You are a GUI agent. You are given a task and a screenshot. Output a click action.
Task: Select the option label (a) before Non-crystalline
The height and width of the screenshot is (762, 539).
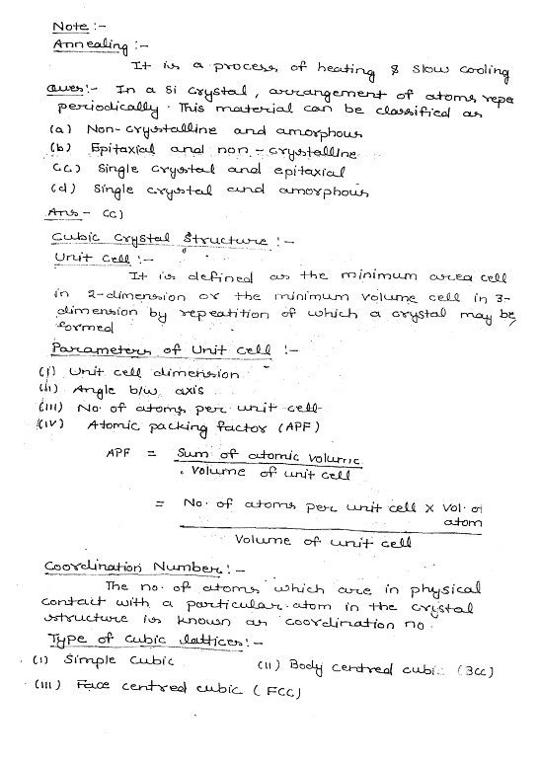60,128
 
